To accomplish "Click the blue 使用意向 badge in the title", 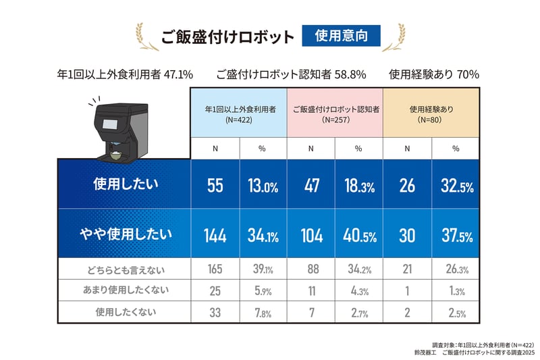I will [342, 36].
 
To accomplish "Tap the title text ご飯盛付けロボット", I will [227, 36].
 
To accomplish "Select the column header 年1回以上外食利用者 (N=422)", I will [239, 113].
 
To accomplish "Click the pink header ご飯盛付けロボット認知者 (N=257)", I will [335, 113].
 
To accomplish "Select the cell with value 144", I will [215, 236].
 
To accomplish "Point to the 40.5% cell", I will [358, 236].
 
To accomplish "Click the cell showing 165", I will [215, 269].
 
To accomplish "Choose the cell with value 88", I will [311, 269].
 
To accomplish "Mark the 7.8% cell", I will [263, 313].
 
